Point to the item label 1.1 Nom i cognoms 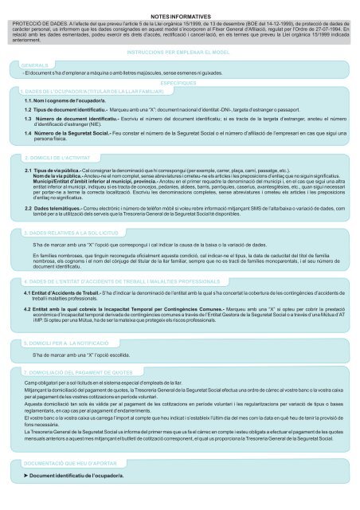pyautogui.click(x=57, y=101)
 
